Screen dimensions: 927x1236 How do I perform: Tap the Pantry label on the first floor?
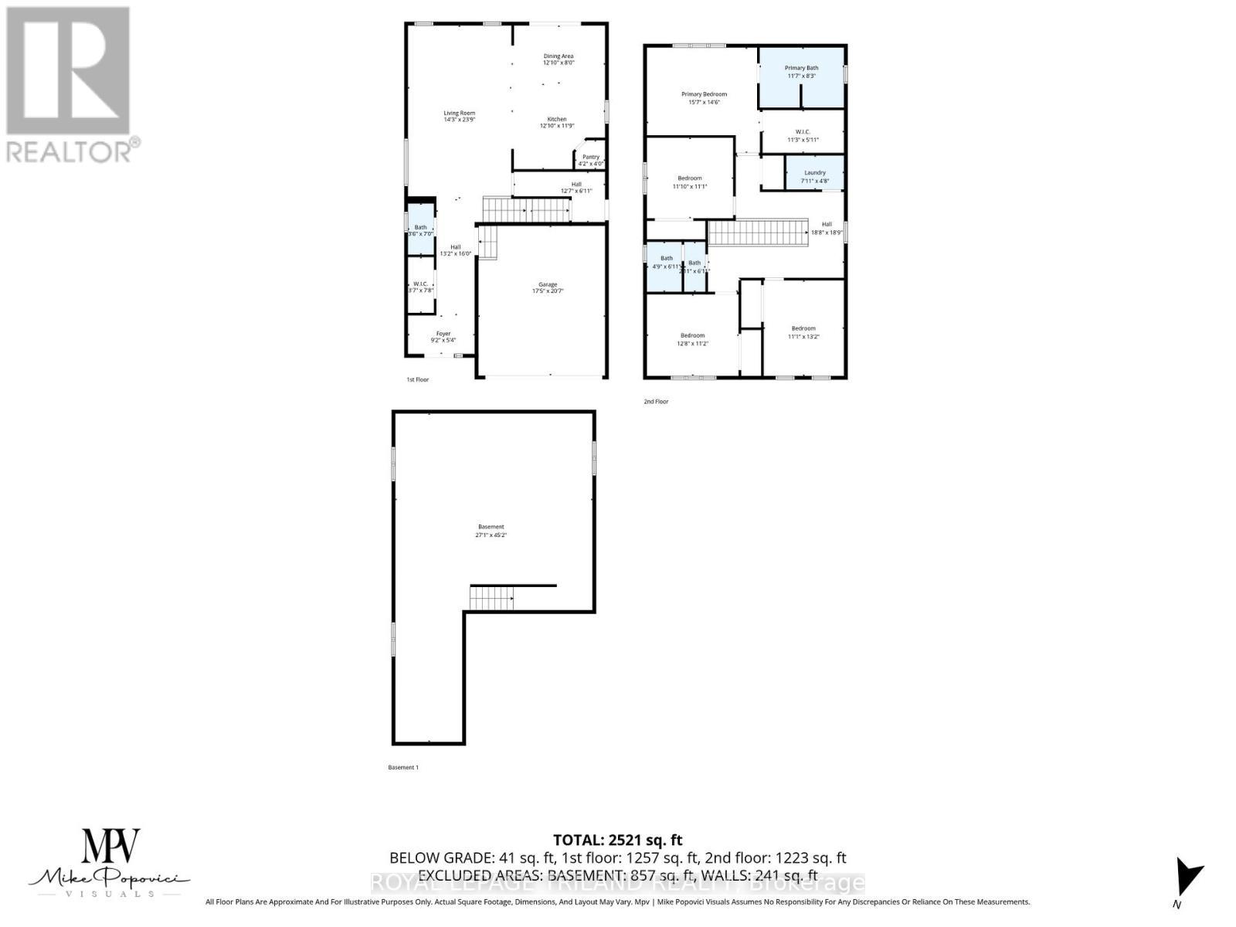click(591, 158)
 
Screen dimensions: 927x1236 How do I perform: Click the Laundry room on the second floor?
click(815, 173)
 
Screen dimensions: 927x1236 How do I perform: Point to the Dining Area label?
click(558, 56)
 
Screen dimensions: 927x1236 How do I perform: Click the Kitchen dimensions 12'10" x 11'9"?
click(557, 126)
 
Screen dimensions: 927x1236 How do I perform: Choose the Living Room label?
click(459, 113)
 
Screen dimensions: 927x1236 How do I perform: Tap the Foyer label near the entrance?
click(443, 334)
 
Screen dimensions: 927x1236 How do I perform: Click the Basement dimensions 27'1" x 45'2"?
click(491, 535)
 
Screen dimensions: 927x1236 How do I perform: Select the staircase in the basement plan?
click(492, 597)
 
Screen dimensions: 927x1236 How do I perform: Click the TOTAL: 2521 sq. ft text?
click(617, 840)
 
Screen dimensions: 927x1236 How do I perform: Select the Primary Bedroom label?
click(704, 94)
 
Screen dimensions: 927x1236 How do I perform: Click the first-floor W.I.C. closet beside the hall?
click(421, 284)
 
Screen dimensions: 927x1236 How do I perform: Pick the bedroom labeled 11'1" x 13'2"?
click(803, 332)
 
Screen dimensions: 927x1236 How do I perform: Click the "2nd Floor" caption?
click(656, 402)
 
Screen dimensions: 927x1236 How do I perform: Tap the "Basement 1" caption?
click(402, 767)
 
